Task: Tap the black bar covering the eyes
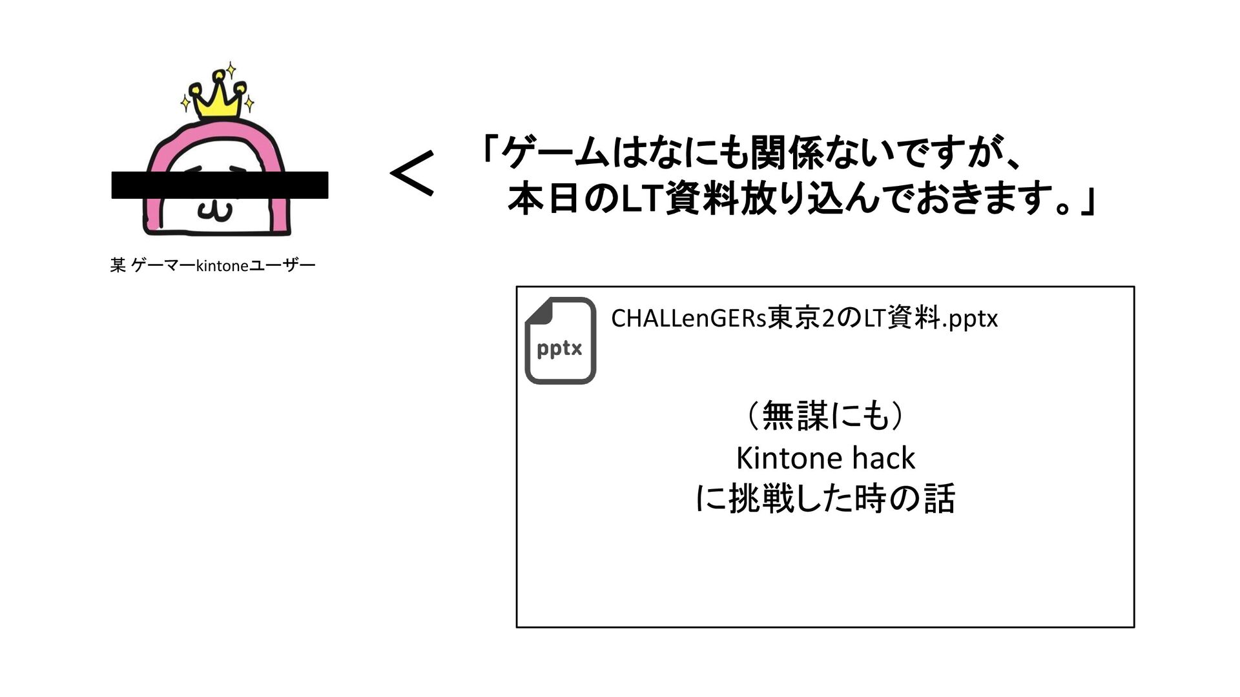coord(220,185)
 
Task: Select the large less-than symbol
coord(412,173)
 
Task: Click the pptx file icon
coord(560,341)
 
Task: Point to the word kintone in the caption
coord(222,266)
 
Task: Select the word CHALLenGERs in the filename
coord(688,318)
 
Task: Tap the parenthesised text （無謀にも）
coord(825,415)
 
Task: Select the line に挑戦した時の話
coord(825,499)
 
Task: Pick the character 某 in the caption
coord(118,265)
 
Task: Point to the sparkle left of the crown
coord(185,102)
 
